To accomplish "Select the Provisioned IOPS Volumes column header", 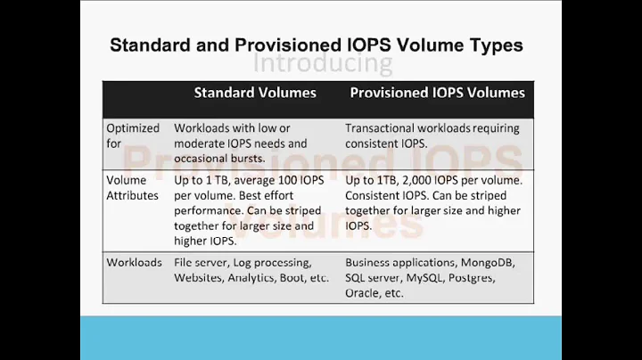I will pyautogui.click(x=437, y=92).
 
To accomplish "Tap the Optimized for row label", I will pyautogui.click(x=134, y=135).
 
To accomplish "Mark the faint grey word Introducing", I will pyautogui.click(x=322, y=63).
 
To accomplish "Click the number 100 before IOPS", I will pyautogui.click(x=284, y=179).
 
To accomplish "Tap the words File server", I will pyautogui.click(x=202, y=263).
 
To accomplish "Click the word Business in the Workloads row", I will pyautogui.click(x=372, y=263).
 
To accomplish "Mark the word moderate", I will pyautogui.click(x=203, y=143).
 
